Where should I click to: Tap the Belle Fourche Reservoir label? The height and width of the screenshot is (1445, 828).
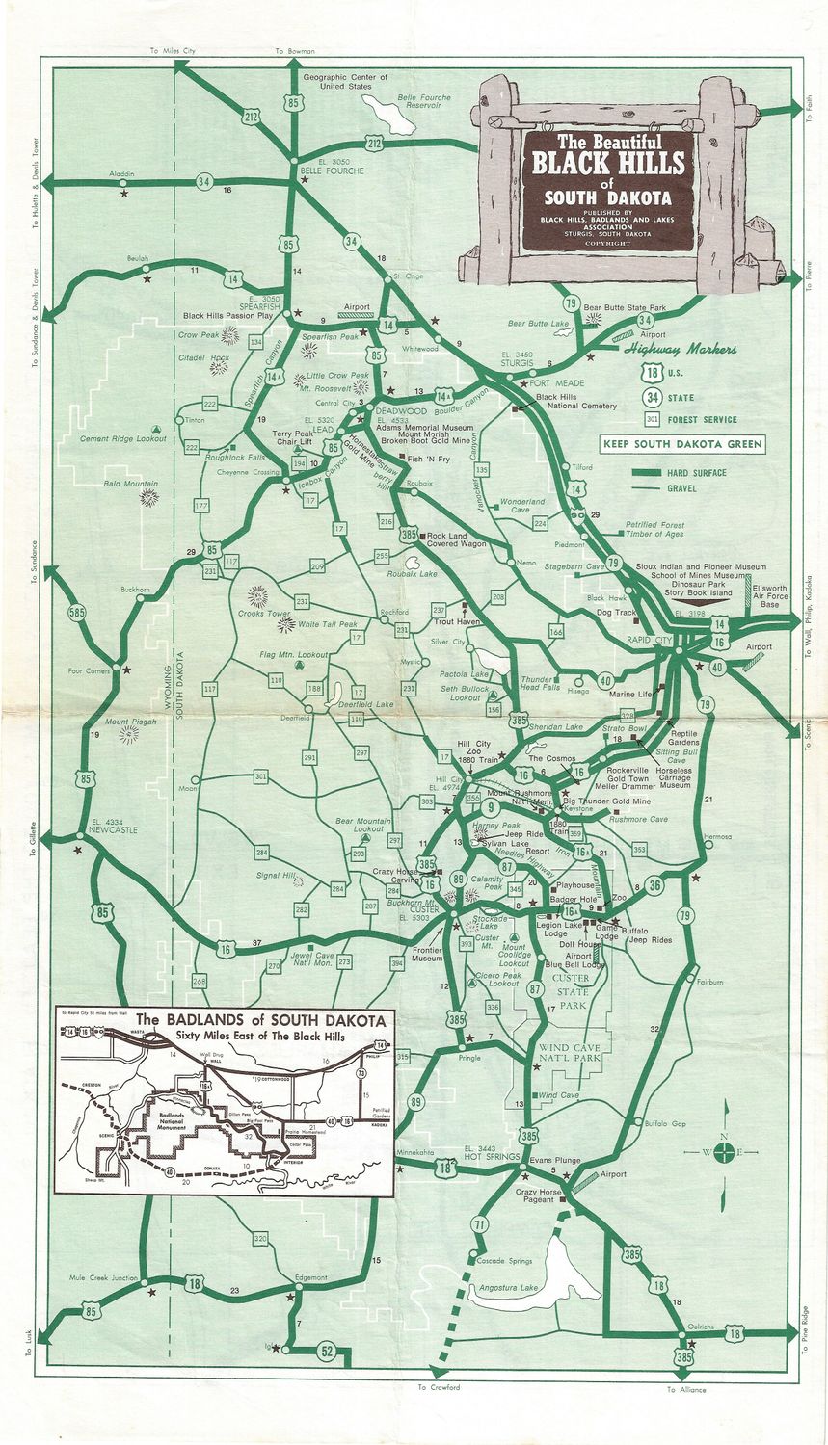click(425, 101)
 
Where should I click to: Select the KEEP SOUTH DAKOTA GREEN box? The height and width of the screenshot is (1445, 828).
click(682, 444)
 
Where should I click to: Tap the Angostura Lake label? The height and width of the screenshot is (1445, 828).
click(501, 1289)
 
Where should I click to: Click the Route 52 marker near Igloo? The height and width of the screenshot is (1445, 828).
click(327, 1352)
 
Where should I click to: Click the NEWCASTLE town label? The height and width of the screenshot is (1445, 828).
click(112, 828)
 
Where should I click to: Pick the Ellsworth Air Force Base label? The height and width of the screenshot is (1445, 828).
click(769, 595)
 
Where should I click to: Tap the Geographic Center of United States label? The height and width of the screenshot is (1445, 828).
click(345, 82)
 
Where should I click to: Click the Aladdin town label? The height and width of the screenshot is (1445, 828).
click(122, 174)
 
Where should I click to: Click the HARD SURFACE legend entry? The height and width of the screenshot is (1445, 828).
click(695, 473)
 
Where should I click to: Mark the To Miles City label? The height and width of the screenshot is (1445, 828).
click(173, 51)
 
